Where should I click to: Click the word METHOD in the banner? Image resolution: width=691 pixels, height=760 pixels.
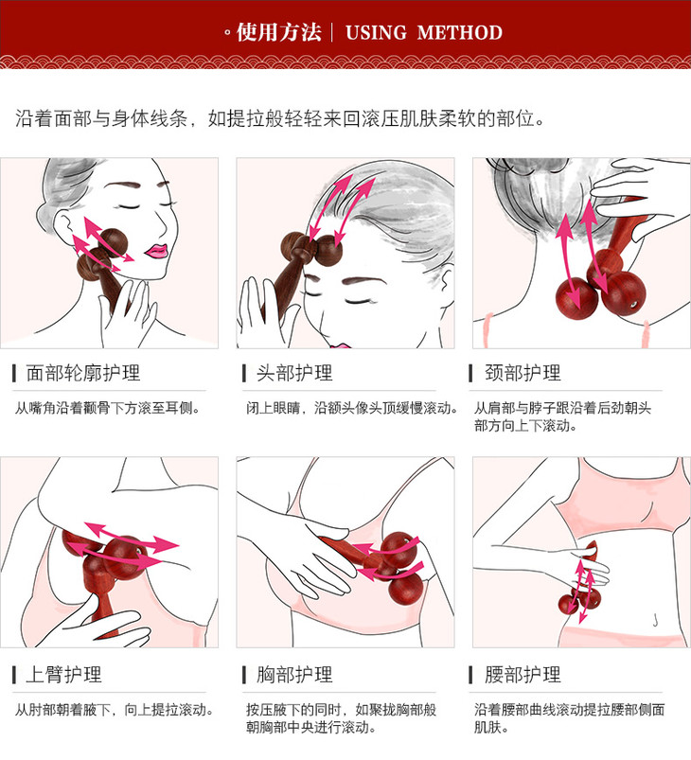pos(460,32)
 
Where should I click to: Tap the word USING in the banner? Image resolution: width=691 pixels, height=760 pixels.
pos(376,32)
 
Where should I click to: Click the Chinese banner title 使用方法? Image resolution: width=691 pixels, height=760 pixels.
pos(279,32)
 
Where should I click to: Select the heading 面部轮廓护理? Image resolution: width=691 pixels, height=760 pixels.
pos(83,373)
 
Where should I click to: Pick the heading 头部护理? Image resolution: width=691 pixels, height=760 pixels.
pos(294,373)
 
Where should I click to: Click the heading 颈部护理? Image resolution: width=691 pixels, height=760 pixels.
pos(523,373)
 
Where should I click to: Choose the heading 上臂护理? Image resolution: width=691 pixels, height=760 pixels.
pos(63,674)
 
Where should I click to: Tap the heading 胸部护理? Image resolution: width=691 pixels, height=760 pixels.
pos(294,674)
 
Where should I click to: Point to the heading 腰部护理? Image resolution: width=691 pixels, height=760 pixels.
pos(523,674)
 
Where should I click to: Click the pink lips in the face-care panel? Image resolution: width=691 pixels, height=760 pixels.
pos(156,251)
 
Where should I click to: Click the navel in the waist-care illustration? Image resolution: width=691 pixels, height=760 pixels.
pos(655,619)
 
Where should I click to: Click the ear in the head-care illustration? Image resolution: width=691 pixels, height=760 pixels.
pos(446,280)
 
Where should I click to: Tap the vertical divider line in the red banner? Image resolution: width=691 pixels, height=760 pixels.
pos(332,32)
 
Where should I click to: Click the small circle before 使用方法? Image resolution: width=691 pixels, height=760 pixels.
pos(227,33)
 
